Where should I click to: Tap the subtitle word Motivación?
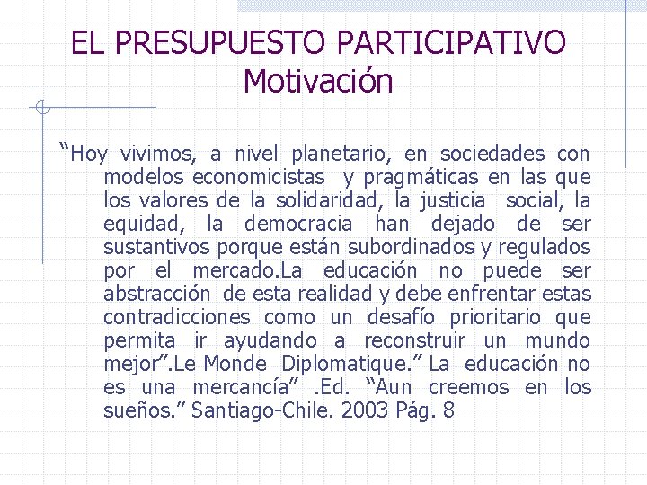[x=318, y=82]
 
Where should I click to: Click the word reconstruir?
[x=415, y=340]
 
